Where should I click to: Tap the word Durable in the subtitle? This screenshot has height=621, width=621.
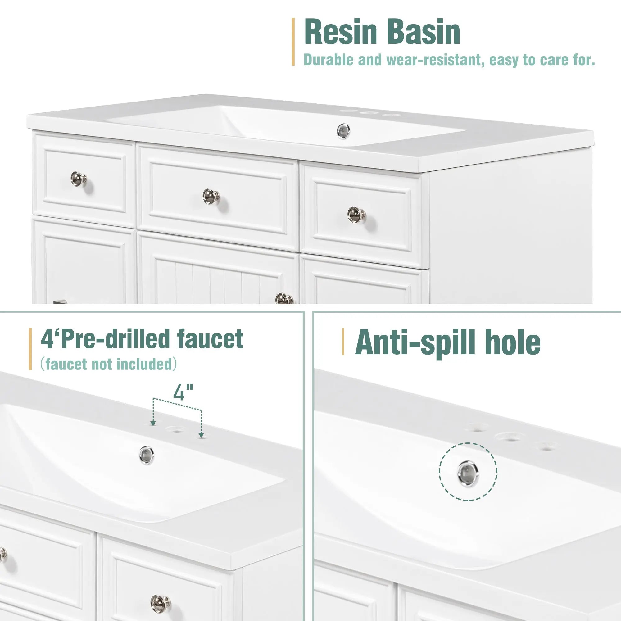pos(328,60)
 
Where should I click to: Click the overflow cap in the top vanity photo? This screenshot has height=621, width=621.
pos(343,131)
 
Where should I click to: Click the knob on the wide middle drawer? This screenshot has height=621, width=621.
pos(211,196)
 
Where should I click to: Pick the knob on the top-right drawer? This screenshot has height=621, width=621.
pos(356,214)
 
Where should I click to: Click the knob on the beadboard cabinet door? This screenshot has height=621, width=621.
pos(284,299)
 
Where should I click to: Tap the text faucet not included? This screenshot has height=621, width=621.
pos(109,364)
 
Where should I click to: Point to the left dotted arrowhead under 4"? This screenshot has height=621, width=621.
pos(153,424)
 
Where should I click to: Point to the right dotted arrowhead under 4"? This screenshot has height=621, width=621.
pos(201,435)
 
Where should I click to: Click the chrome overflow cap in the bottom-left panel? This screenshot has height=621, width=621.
pos(147,455)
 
